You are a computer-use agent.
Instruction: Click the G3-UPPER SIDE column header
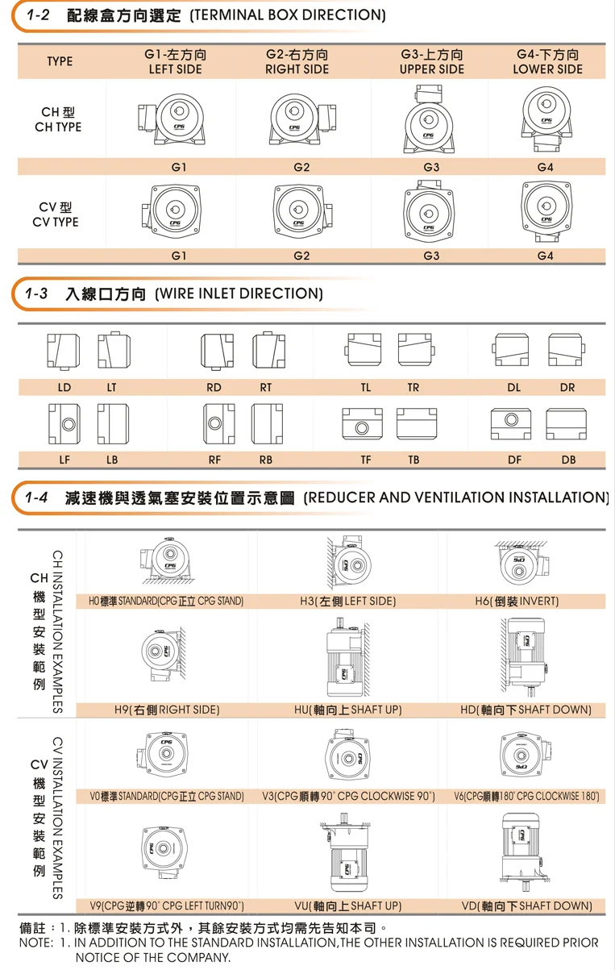click(x=431, y=61)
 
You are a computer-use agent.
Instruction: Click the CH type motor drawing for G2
click(x=302, y=120)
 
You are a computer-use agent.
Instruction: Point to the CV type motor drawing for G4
click(x=547, y=211)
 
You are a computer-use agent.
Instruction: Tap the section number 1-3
click(x=36, y=293)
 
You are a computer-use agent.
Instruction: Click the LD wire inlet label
click(x=64, y=388)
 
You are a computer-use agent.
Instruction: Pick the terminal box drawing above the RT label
click(x=268, y=350)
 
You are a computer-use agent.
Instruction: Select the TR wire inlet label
click(x=413, y=388)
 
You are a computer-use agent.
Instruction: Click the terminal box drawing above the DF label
click(x=511, y=423)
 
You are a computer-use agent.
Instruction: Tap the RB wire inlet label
click(x=266, y=460)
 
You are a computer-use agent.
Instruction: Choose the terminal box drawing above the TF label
click(x=362, y=423)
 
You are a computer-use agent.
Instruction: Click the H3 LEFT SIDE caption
click(x=348, y=601)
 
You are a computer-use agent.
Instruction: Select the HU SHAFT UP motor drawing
click(x=348, y=657)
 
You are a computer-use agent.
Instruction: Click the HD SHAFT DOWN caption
click(x=526, y=710)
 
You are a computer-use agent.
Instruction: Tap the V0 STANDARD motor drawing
click(x=164, y=754)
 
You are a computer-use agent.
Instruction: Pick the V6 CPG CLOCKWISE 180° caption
click(x=526, y=796)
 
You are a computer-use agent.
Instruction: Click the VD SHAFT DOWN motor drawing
click(x=525, y=851)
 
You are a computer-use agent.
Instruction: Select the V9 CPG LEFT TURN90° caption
click(x=167, y=906)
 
